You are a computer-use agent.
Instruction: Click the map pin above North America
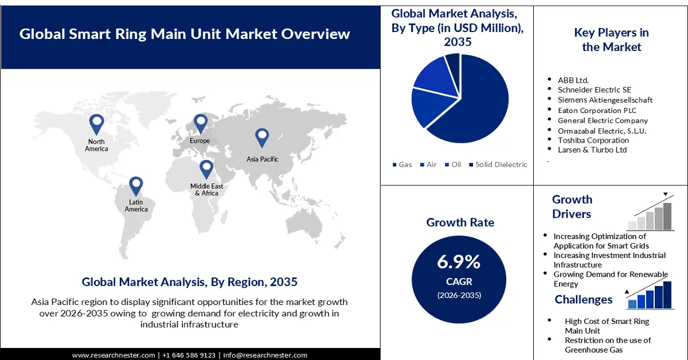97,123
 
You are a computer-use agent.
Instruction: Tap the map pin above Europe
200,123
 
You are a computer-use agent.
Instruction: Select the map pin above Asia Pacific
262,138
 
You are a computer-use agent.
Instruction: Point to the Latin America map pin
136,186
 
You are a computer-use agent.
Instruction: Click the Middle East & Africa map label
206,190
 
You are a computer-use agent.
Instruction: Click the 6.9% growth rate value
458,262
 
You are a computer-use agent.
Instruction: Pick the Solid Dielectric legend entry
497,165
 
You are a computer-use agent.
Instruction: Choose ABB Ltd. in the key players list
573,80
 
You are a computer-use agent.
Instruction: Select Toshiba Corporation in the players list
593,140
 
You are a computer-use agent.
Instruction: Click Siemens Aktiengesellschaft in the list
605,100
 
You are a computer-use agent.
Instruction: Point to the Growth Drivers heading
572,206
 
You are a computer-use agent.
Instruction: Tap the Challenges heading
583,299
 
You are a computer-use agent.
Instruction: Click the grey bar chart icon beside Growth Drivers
650,214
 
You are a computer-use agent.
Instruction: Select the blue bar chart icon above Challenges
650,295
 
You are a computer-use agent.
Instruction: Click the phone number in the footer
189,355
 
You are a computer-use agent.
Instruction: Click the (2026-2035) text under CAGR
458,295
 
